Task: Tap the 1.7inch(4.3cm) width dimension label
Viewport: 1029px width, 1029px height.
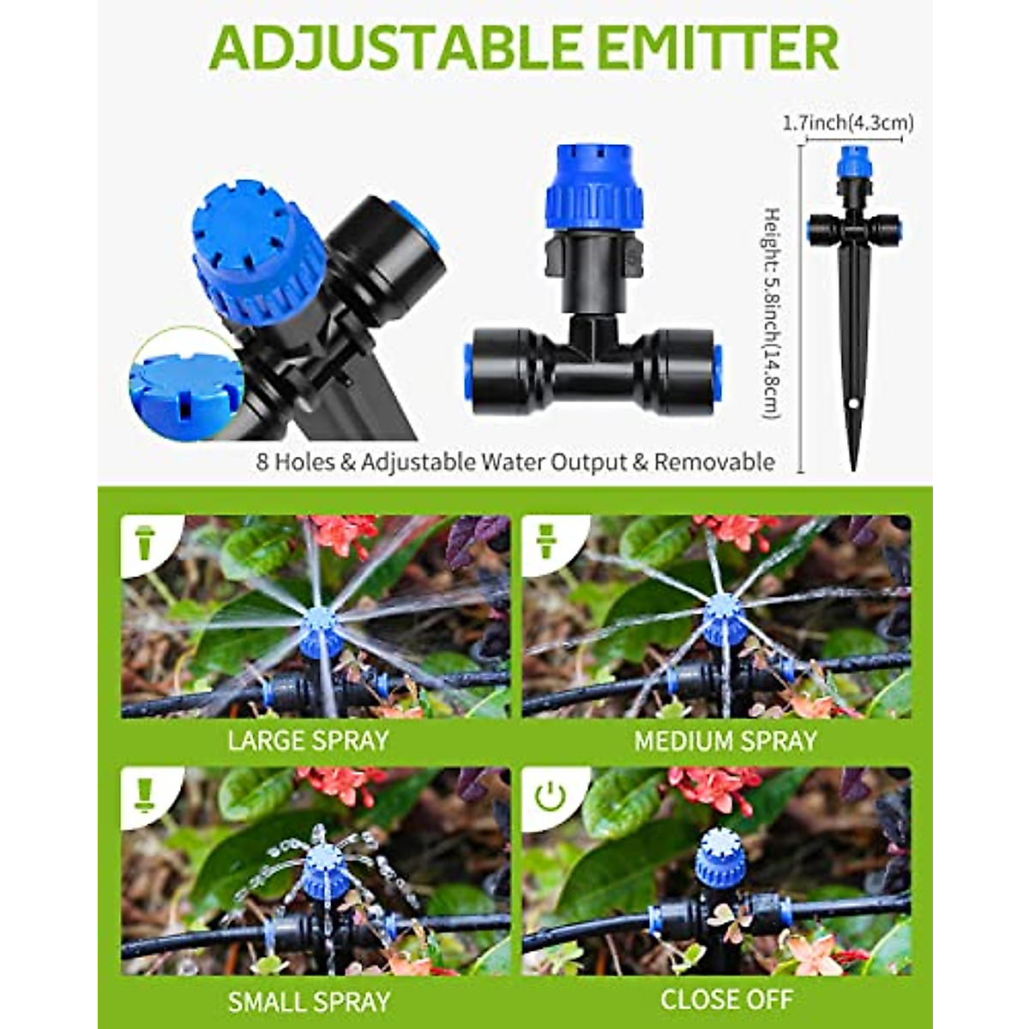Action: [846, 123]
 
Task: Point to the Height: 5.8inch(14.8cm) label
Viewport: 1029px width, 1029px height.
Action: [772, 313]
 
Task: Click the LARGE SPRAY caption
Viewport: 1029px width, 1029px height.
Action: [308, 740]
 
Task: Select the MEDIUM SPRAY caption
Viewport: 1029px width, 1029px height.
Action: [725, 741]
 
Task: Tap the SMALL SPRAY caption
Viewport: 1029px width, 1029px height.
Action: [308, 1001]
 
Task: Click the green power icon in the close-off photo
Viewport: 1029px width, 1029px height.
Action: [550, 797]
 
